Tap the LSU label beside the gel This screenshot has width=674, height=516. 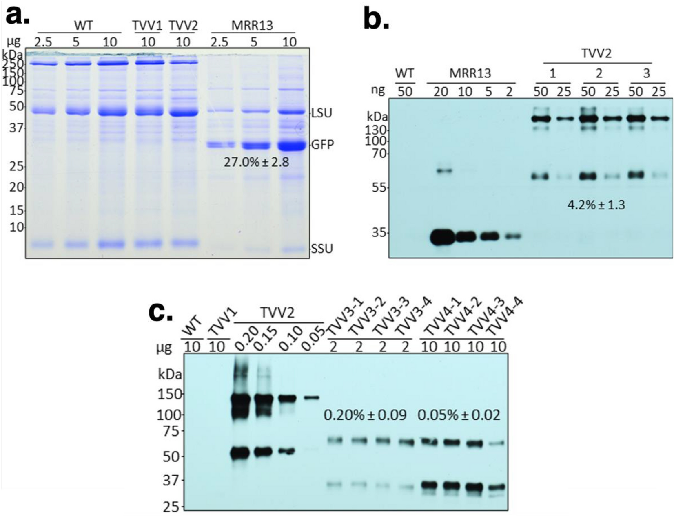click(322, 113)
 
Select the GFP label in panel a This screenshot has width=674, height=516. click(322, 144)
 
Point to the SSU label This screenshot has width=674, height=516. click(322, 248)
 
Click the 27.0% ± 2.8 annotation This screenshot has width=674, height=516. click(256, 162)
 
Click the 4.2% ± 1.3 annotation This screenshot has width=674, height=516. click(596, 205)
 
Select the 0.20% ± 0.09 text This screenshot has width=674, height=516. click(365, 415)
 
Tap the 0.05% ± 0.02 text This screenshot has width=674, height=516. click(459, 415)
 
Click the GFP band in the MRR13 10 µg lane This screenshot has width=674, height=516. click(291, 146)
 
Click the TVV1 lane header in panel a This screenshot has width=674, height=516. click(147, 26)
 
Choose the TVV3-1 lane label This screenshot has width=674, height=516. click(340, 324)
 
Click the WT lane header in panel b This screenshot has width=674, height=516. click(404, 74)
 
